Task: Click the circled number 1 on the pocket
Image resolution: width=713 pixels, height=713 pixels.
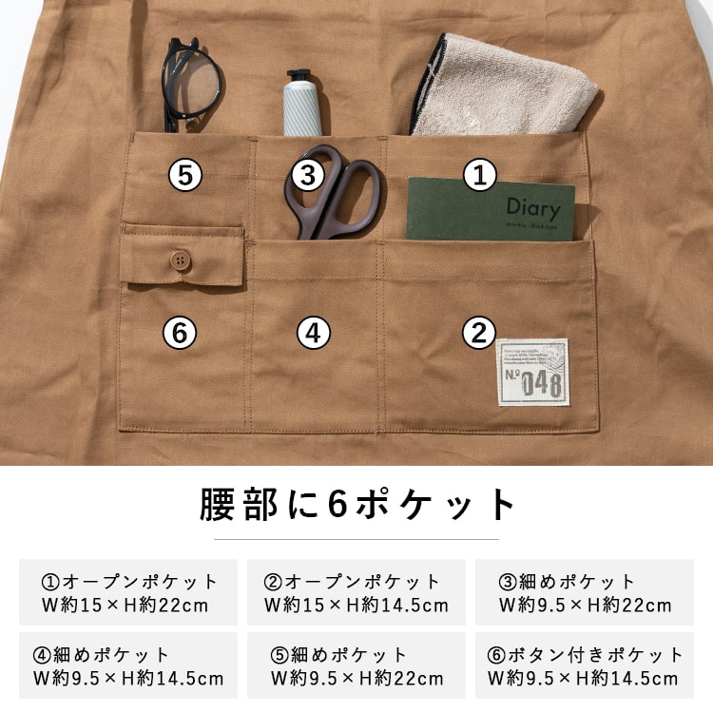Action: (x=480, y=175)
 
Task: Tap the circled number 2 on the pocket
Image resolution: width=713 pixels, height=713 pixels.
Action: (x=479, y=333)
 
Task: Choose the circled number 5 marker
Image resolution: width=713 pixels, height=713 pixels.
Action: (x=185, y=175)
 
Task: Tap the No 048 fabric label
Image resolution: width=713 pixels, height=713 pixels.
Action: (x=532, y=373)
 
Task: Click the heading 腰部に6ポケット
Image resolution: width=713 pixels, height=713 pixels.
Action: (x=356, y=505)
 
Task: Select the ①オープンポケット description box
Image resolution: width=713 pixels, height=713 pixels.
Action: (x=127, y=592)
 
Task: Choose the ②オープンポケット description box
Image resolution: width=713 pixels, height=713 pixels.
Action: (x=356, y=592)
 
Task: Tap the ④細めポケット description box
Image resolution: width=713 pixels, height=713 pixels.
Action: (x=127, y=665)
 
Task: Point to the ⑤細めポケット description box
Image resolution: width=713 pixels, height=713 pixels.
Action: (x=356, y=665)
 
